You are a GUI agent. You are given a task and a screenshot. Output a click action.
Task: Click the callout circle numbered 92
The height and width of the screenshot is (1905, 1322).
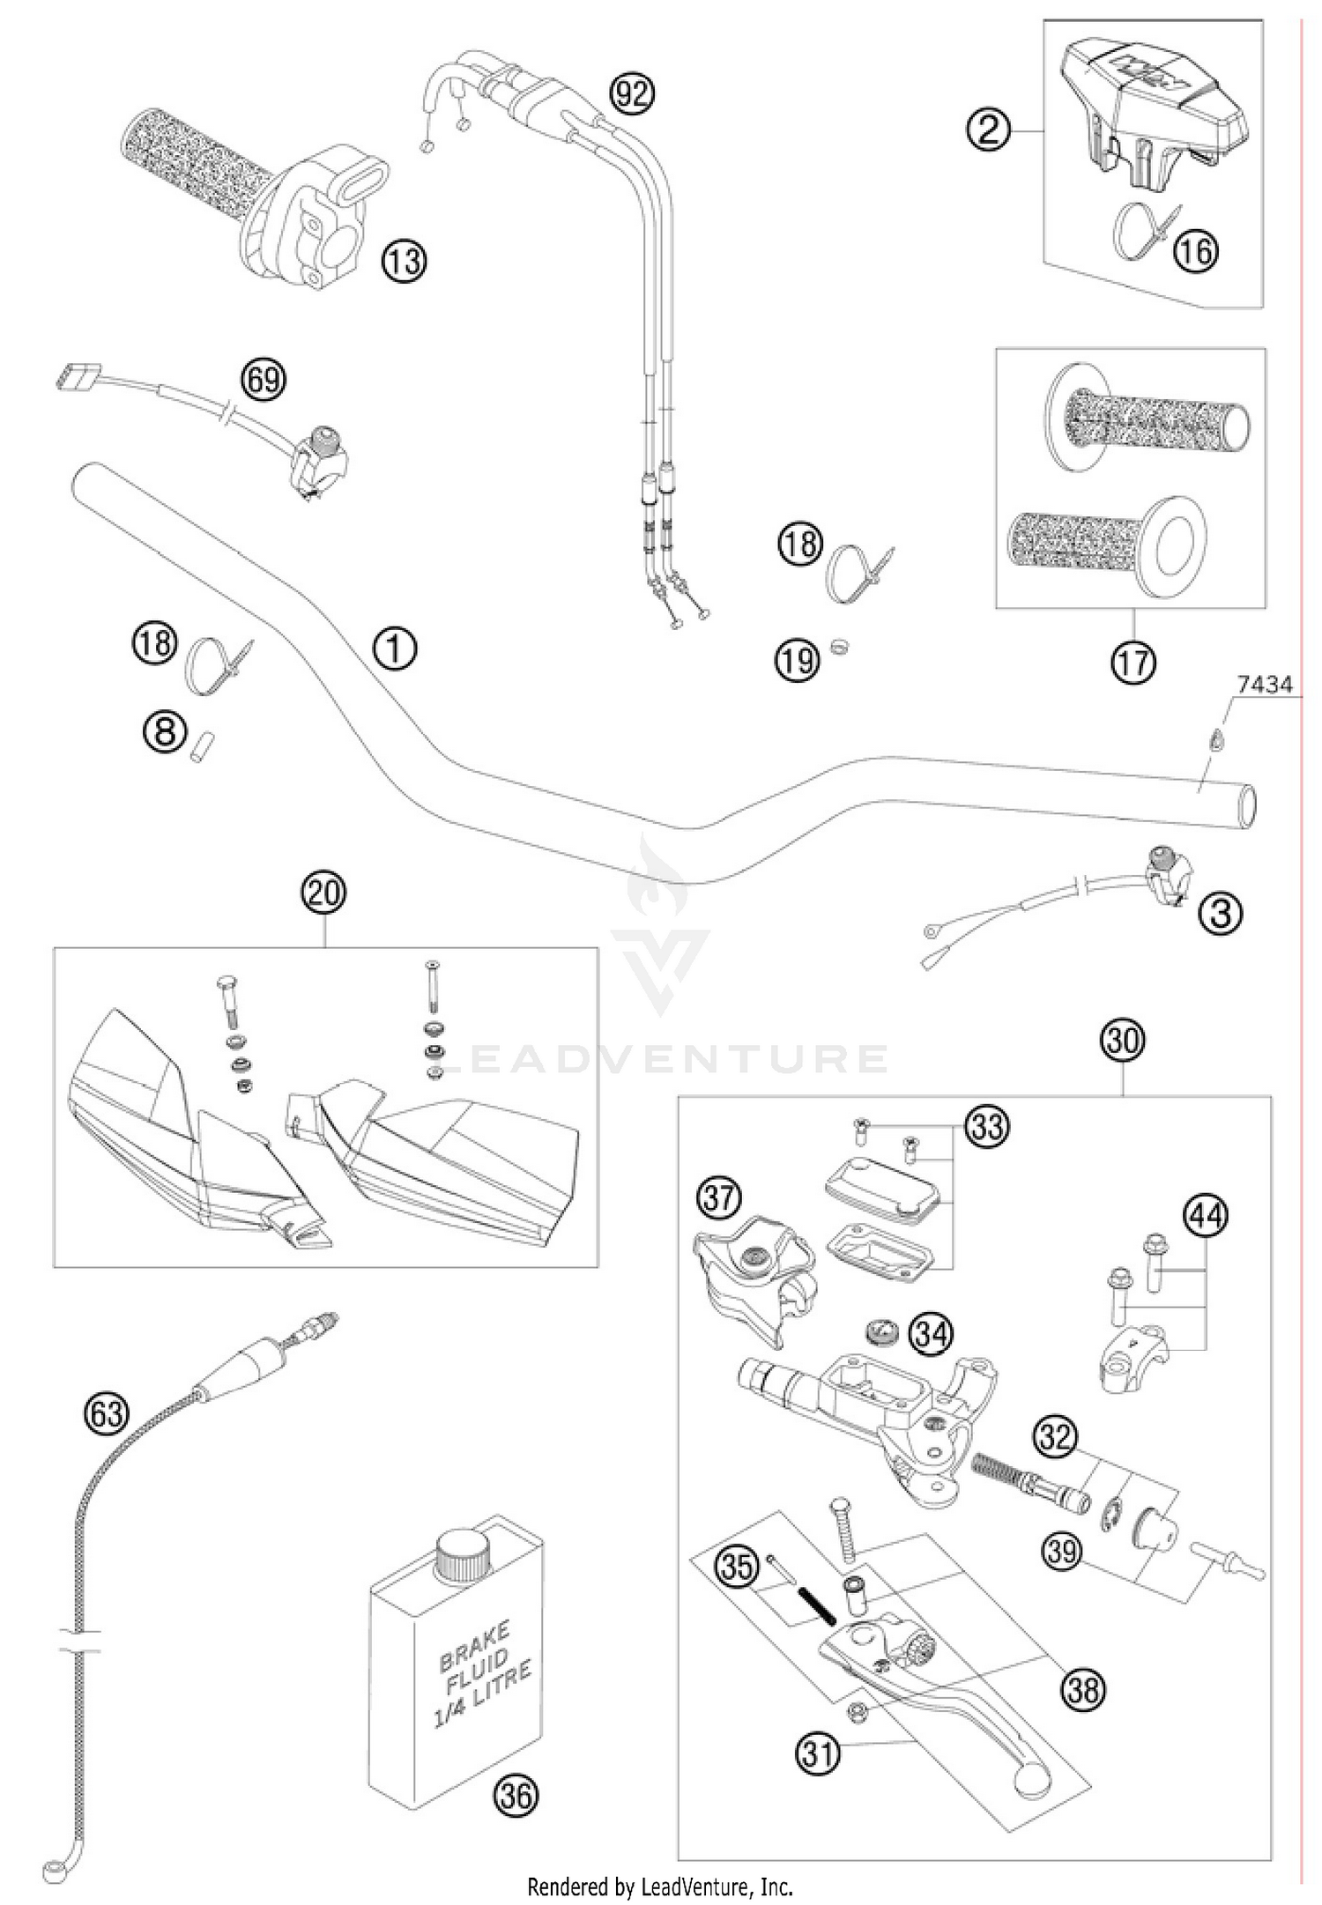pyautogui.click(x=633, y=93)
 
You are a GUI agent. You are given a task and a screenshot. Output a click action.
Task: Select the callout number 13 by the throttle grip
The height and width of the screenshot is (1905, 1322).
pyautogui.click(x=403, y=262)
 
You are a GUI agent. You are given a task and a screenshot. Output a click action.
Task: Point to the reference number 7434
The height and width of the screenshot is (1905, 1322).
pyautogui.click(x=1264, y=685)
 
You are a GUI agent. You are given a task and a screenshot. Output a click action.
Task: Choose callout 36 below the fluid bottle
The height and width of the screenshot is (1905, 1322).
pyautogui.click(x=516, y=1794)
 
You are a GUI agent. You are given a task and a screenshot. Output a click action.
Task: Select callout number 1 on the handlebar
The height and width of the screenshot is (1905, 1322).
pyautogui.click(x=394, y=649)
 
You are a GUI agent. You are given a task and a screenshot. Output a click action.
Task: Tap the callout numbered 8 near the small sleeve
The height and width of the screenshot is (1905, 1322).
pyautogui.click(x=166, y=730)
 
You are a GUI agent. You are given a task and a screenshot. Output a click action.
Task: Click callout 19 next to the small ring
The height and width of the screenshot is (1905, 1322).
pyautogui.click(x=797, y=659)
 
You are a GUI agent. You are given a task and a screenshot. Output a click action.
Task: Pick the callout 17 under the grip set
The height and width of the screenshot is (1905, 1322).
pyautogui.click(x=1133, y=660)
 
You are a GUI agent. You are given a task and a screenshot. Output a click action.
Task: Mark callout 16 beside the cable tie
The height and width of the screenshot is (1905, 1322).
pyautogui.click(x=1195, y=251)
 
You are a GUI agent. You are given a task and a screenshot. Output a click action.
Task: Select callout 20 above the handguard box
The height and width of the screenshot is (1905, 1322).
pyautogui.click(x=323, y=893)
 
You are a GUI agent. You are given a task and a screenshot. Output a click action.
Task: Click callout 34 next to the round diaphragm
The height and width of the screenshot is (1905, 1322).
pyautogui.click(x=931, y=1335)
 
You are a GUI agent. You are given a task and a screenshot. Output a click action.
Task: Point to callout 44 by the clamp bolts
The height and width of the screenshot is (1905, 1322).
pyautogui.click(x=1206, y=1216)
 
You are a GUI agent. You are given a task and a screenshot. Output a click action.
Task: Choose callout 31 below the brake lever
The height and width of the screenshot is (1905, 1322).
pyautogui.click(x=819, y=1753)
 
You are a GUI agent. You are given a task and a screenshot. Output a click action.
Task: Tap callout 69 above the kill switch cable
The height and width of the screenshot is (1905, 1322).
pyautogui.click(x=264, y=380)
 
